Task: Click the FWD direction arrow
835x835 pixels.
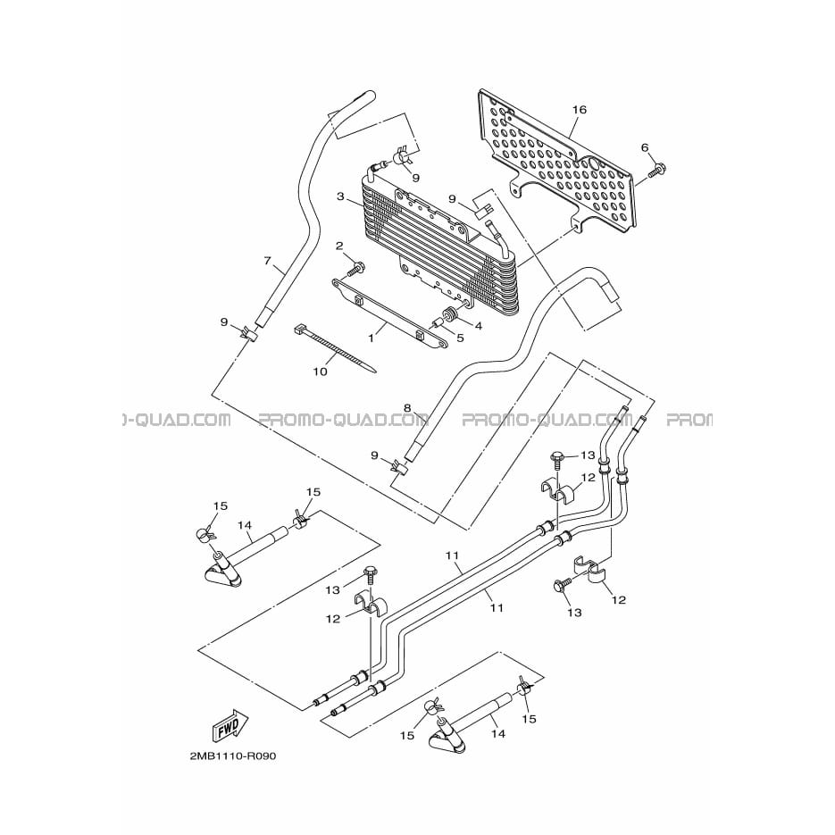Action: [x=231, y=726]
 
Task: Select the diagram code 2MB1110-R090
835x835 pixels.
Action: [x=233, y=756]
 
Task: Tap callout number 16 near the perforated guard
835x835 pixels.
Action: [x=579, y=110]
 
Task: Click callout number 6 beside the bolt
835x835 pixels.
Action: [x=645, y=147]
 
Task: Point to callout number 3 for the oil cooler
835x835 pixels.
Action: [x=341, y=197]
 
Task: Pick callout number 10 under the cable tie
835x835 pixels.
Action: [x=320, y=372]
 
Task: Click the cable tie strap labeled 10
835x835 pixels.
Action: [x=335, y=349]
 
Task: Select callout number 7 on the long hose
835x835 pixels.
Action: [x=268, y=261]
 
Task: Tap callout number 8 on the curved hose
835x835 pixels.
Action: [x=407, y=408]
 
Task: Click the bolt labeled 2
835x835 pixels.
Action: [x=355, y=269]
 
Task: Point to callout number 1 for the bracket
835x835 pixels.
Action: [x=372, y=338]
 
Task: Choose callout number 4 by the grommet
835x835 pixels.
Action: [x=478, y=325]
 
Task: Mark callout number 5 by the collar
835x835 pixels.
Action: [x=460, y=338]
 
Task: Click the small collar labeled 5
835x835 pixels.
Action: [x=438, y=322]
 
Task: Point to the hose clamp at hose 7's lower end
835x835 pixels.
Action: [x=246, y=334]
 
